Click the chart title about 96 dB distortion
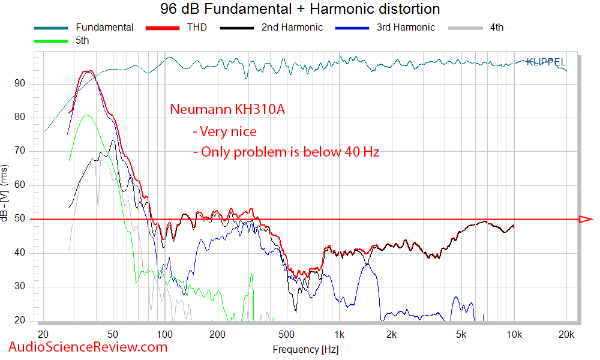click(x=300, y=9)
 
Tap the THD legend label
click(x=196, y=28)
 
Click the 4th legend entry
click(x=496, y=28)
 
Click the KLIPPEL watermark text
click(x=545, y=61)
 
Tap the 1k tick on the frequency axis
click(x=339, y=334)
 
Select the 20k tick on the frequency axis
click(x=566, y=334)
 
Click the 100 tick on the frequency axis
click(x=164, y=334)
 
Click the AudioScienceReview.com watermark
click(x=88, y=347)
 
